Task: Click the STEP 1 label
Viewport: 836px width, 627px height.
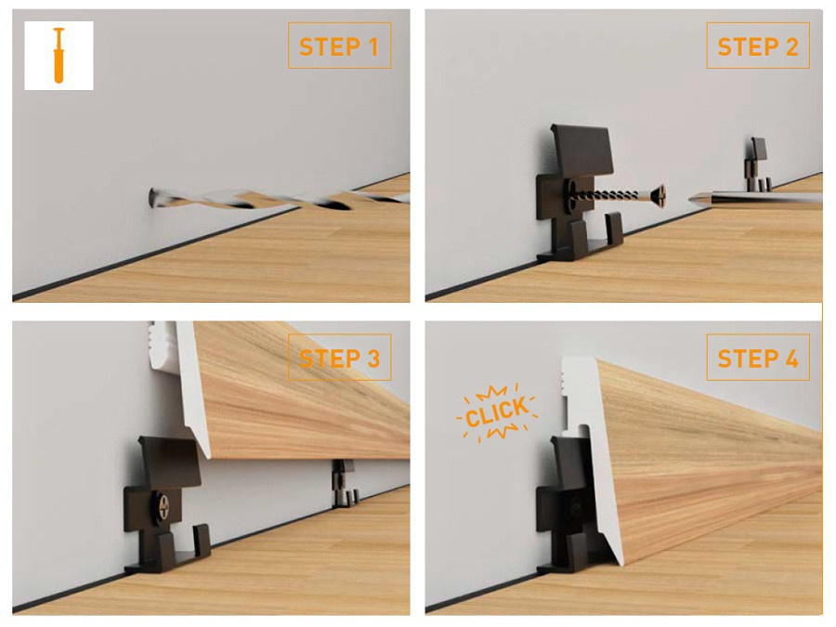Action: coord(339,46)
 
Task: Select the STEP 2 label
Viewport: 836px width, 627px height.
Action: coord(758,46)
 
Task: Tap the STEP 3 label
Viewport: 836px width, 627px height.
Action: coord(340,358)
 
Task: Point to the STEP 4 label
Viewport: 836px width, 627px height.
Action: coord(758,358)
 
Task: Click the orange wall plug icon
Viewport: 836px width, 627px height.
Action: coord(59,56)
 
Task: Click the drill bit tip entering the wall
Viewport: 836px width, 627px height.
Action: coord(152,198)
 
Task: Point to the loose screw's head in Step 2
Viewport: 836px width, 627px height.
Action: coord(659,197)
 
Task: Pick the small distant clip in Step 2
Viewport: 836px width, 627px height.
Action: coord(757,164)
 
